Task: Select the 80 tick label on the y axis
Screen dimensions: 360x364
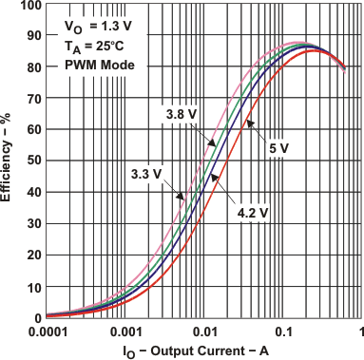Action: [30, 68]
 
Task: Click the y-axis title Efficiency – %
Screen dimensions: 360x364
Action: [10, 162]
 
